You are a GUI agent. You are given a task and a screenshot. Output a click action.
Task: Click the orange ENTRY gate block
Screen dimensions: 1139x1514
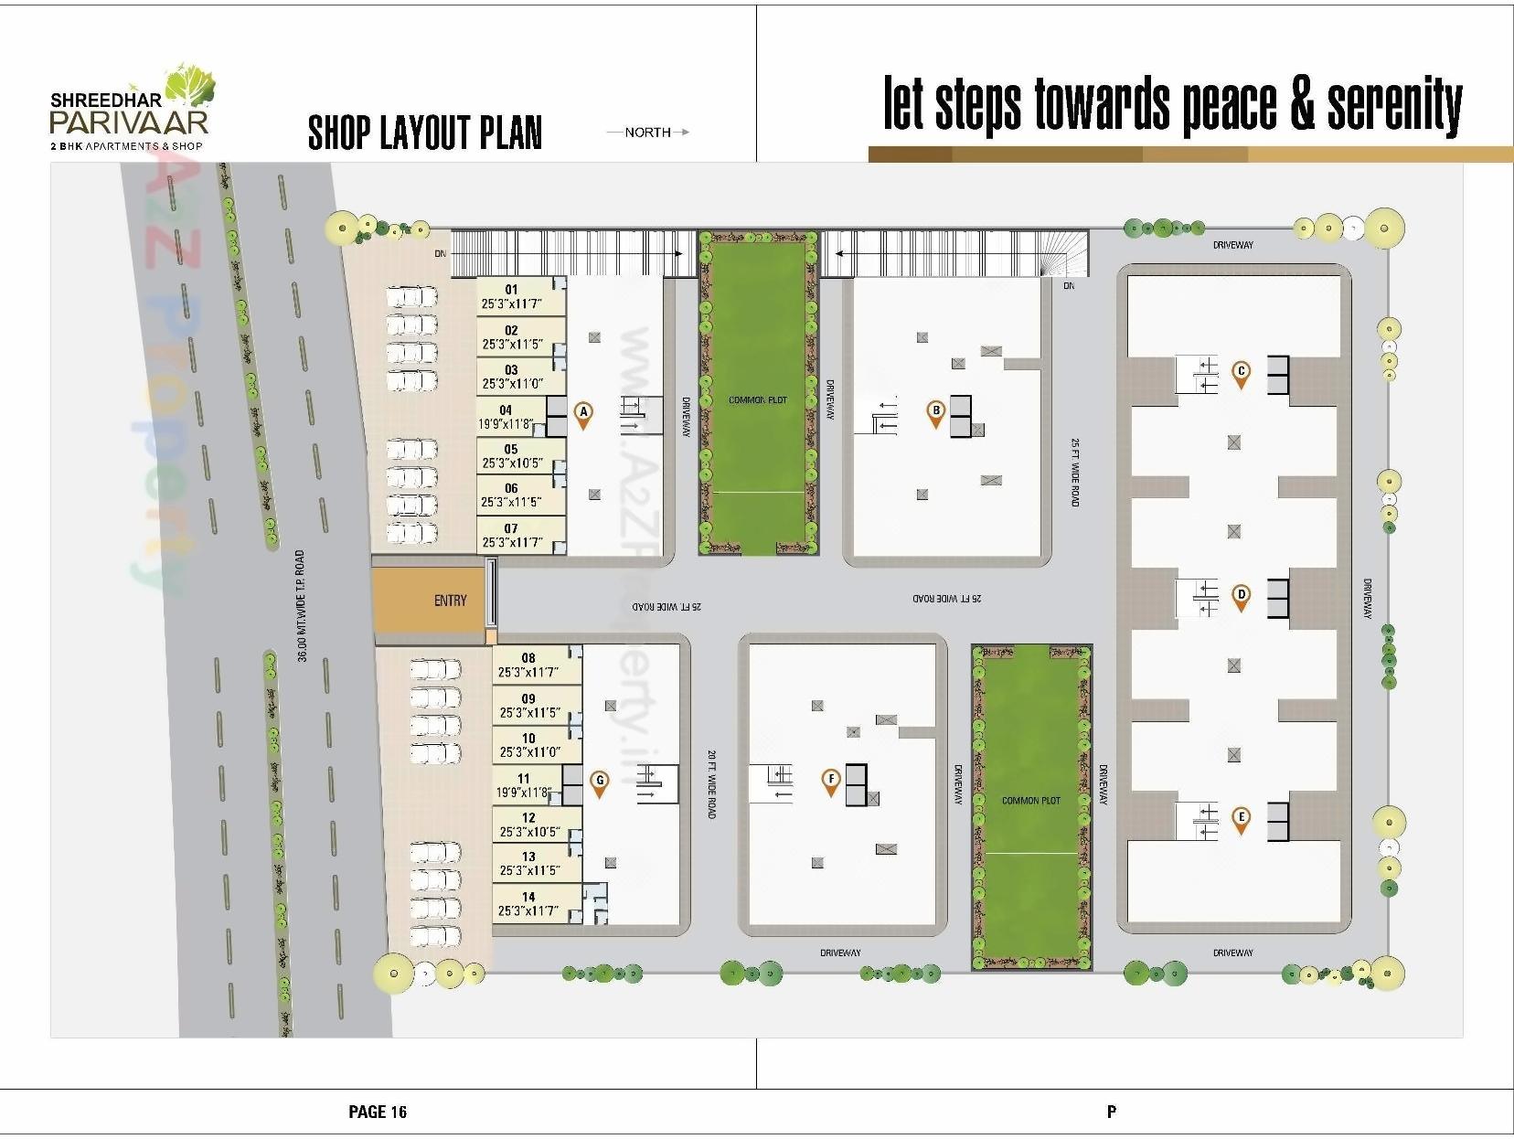tap(429, 599)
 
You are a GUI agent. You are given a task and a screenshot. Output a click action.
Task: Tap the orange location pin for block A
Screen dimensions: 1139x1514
tap(583, 415)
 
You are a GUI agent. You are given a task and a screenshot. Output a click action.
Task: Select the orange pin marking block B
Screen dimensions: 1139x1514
tap(935, 413)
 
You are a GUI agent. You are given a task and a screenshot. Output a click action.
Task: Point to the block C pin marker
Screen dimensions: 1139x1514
tap(1241, 373)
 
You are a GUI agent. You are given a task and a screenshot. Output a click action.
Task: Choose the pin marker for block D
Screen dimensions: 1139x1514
tap(1241, 596)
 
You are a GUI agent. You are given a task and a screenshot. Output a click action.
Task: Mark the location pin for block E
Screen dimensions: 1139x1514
tap(1241, 819)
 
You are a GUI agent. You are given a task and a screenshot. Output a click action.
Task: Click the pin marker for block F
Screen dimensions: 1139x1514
tap(831, 782)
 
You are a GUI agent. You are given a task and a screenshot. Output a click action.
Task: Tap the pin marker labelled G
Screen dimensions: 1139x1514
tap(600, 782)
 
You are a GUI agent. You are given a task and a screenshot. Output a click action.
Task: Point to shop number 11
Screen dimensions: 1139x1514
tap(526, 785)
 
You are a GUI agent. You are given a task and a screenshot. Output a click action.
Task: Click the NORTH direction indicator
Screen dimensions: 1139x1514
tap(648, 133)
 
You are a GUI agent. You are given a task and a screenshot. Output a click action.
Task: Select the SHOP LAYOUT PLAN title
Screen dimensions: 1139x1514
tap(425, 133)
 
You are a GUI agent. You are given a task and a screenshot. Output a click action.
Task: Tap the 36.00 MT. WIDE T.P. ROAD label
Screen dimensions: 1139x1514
tap(301, 606)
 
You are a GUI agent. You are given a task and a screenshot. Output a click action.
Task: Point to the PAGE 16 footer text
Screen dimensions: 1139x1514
tap(378, 1112)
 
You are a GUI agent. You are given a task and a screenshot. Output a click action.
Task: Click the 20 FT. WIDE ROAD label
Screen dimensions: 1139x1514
tap(711, 784)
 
